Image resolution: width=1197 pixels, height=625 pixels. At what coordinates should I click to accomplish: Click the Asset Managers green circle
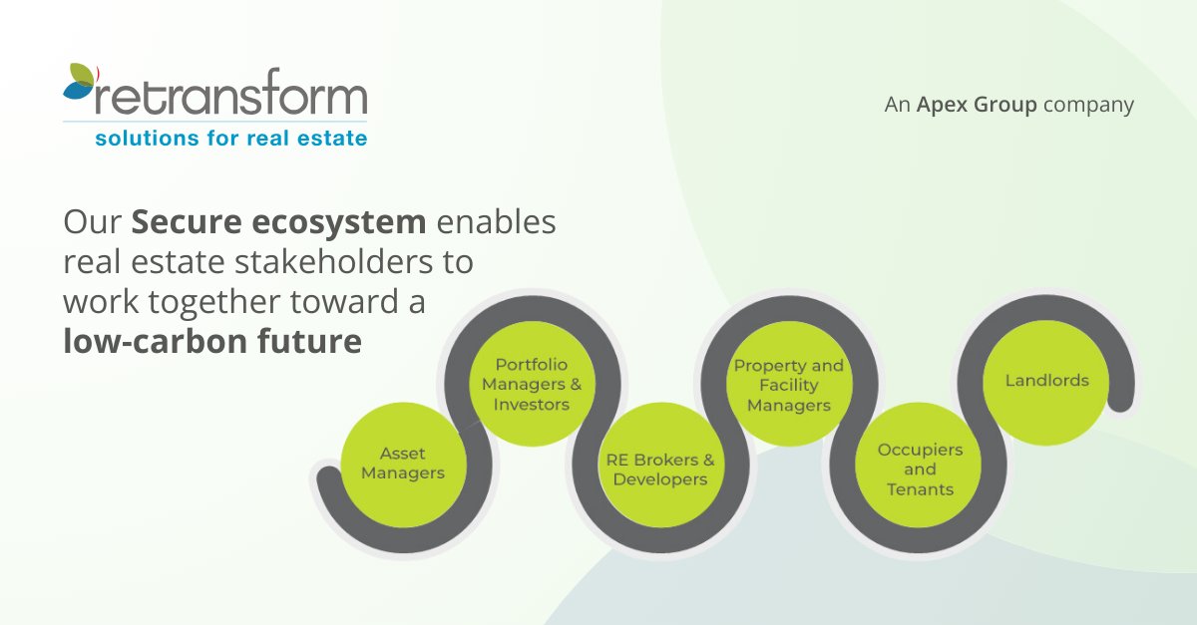pos(402,465)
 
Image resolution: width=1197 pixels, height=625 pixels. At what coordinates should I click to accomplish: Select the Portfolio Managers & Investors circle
pos(531,385)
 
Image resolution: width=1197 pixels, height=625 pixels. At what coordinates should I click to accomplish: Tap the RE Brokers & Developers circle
pos(659,469)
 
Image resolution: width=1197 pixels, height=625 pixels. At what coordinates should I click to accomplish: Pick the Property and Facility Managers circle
pos(788,385)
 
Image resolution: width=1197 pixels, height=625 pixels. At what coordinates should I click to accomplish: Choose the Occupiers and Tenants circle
pos(920,469)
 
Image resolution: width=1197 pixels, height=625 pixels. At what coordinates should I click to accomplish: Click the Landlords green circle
pos(1046,381)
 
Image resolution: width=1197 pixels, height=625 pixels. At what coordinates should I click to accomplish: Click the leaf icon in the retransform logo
pos(80,84)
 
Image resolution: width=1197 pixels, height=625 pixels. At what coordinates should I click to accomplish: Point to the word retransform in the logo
pos(229,100)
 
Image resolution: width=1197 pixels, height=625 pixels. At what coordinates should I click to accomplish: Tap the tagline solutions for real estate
pos(230,139)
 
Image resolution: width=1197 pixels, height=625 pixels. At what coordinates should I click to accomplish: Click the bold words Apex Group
pos(977,105)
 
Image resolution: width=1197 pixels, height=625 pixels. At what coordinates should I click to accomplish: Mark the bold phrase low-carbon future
pos(211,342)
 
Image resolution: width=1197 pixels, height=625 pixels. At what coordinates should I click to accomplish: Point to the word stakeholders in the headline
pos(332,262)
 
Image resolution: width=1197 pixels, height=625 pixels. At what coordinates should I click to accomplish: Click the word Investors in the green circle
pos(531,405)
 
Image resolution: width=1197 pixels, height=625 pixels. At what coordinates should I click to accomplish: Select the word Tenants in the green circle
pos(920,489)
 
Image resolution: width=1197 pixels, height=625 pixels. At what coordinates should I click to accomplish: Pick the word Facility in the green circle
pos(788,385)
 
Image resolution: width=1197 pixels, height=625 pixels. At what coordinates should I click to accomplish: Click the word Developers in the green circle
pos(659,479)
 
